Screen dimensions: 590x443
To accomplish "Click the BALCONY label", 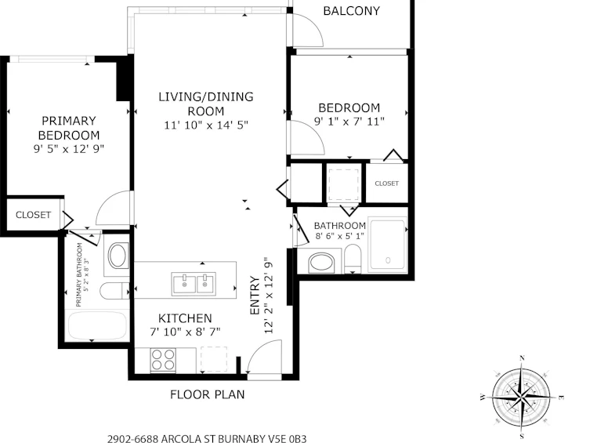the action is pos(352,11).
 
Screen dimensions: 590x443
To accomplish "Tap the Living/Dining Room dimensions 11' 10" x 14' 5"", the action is pos(206,125).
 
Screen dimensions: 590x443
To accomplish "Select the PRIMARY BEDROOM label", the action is pos(69,128).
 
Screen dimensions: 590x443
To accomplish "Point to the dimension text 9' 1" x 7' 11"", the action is pos(349,122).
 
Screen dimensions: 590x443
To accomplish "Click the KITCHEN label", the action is pos(185,318).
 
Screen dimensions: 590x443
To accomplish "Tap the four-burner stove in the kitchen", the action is pos(163,360).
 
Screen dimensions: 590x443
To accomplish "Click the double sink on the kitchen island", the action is pos(194,284).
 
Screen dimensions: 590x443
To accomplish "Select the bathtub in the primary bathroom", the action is pos(97,325).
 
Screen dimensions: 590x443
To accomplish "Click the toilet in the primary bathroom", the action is pos(114,291).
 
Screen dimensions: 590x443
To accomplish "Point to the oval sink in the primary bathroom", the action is pos(118,256).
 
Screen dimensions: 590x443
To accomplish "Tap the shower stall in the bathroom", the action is pos(388,245).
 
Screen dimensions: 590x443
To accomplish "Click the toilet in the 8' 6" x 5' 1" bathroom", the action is pos(353,259).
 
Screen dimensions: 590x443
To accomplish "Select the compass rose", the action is pos(522,398).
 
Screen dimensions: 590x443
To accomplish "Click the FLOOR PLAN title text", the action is pos(208,394).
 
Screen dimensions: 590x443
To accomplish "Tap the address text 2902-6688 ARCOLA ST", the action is pos(161,439).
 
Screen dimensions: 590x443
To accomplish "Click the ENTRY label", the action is pos(255,296).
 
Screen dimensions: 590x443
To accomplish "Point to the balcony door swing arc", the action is pos(313,25).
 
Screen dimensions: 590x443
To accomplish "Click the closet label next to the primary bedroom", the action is pos(33,215).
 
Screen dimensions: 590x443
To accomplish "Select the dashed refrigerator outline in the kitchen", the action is pos(214,359).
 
